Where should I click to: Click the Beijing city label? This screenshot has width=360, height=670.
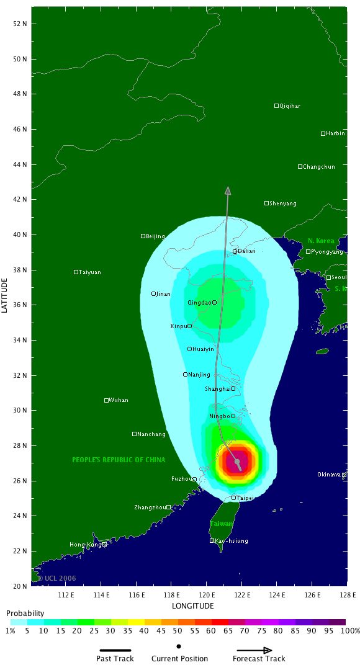pos(155,236)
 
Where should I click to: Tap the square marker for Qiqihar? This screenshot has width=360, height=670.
pos(277,106)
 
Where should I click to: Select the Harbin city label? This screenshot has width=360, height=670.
pos(335,133)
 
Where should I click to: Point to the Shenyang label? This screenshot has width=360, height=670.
pos(283,203)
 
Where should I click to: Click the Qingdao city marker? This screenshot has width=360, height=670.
pos(215,303)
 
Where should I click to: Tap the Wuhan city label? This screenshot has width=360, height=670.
pos(119,400)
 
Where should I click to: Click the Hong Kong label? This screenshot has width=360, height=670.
pos(86,545)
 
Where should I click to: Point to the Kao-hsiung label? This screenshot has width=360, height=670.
pos(232,541)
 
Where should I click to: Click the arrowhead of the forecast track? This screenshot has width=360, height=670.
pos(228,190)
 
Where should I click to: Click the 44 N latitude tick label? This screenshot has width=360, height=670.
pos(20,164)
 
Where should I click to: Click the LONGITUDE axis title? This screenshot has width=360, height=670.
pos(193,606)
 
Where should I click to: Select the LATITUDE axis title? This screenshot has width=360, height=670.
pos(6,295)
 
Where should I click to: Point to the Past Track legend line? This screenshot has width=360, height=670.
pos(115,650)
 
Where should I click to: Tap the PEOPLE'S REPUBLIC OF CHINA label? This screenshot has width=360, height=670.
pos(119,460)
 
